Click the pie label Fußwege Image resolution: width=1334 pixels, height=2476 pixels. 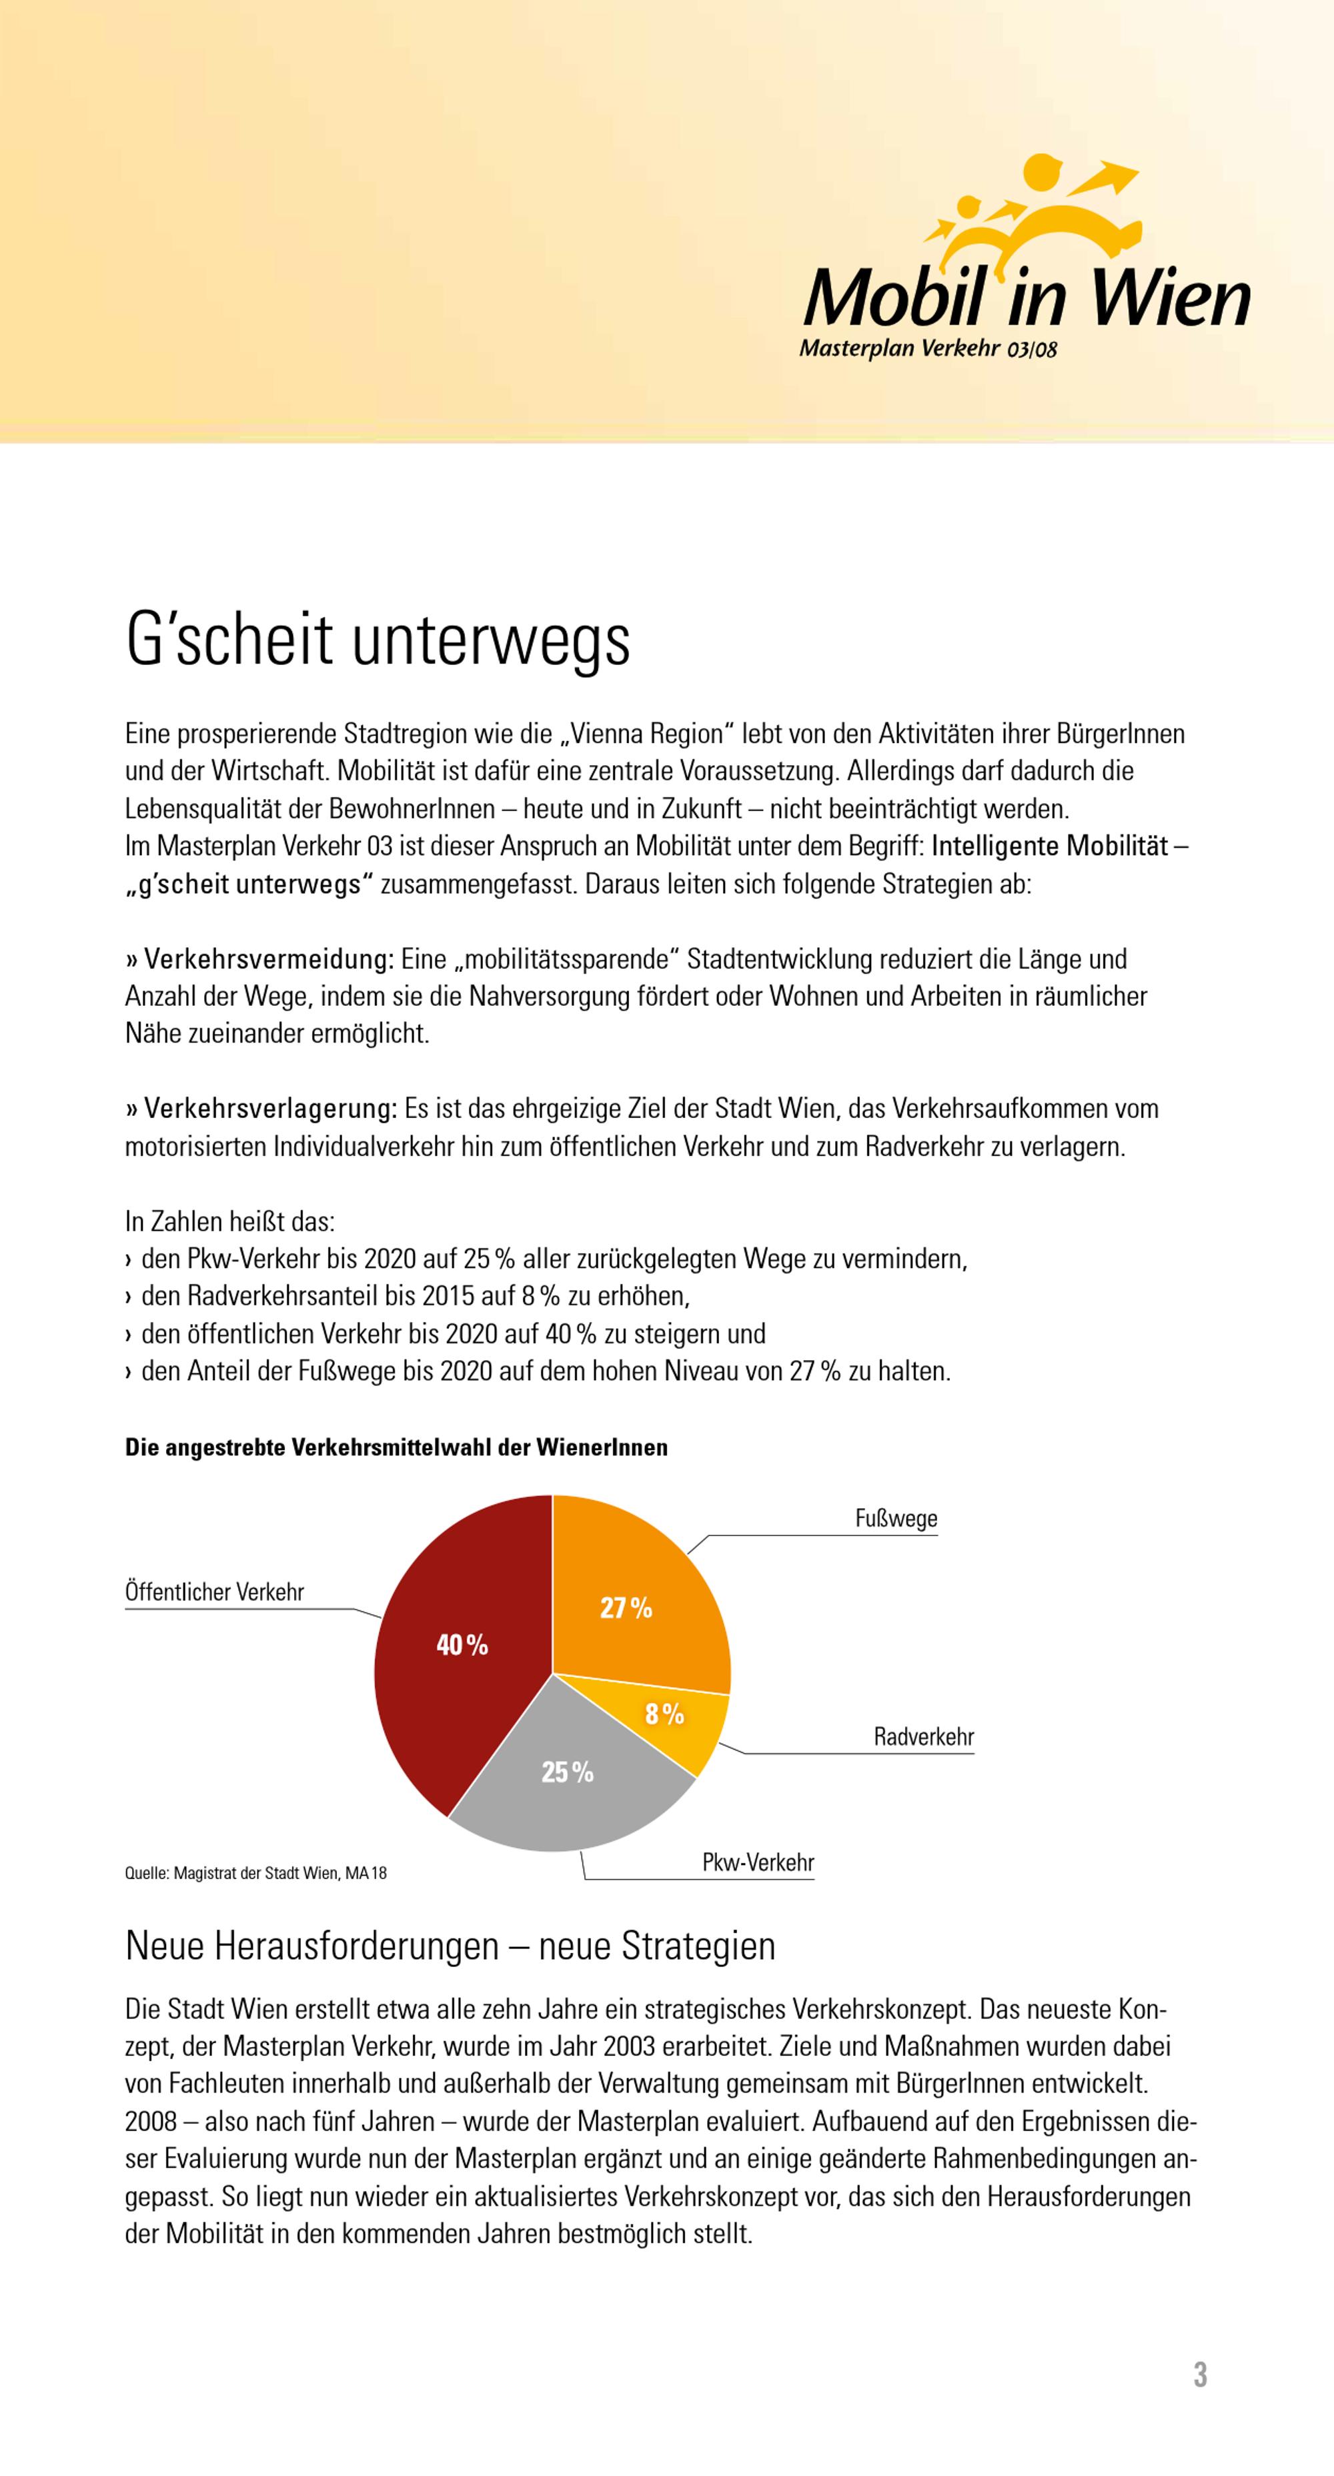pos(896,1519)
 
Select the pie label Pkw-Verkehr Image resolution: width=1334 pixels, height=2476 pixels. pos(757,1863)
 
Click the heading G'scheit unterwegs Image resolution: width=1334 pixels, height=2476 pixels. pos(378,641)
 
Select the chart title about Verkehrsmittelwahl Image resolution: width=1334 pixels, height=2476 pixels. pos(396,1447)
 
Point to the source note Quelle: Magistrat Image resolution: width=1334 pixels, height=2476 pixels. pos(255,1873)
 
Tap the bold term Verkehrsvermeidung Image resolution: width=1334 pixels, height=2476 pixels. pos(269,959)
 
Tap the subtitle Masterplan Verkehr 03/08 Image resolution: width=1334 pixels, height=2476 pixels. pos(927,349)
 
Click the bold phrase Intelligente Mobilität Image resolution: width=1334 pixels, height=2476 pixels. pos(1049,847)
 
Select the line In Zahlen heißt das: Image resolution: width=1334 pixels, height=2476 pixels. pos(229,1222)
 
